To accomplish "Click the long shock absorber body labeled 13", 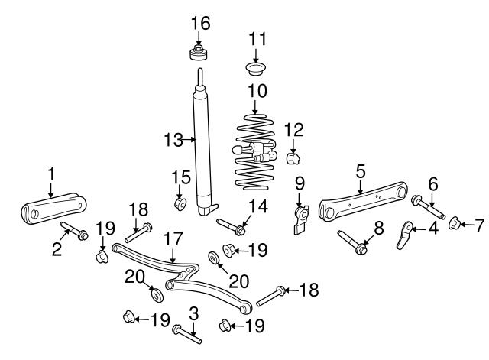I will [x=203, y=145].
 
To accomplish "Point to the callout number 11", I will [x=257, y=37].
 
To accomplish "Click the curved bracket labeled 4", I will [x=406, y=235].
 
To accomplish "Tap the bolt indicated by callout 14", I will [x=231, y=226].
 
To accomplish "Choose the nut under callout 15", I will [x=180, y=204].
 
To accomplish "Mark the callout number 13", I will [x=174, y=139].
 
